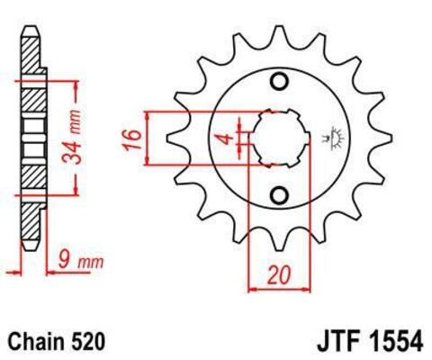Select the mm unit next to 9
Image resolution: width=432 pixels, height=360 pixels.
tap(88, 263)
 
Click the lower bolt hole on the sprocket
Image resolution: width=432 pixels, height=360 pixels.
tap(279, 194)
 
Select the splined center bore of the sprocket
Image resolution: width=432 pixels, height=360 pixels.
tap(279, 139)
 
